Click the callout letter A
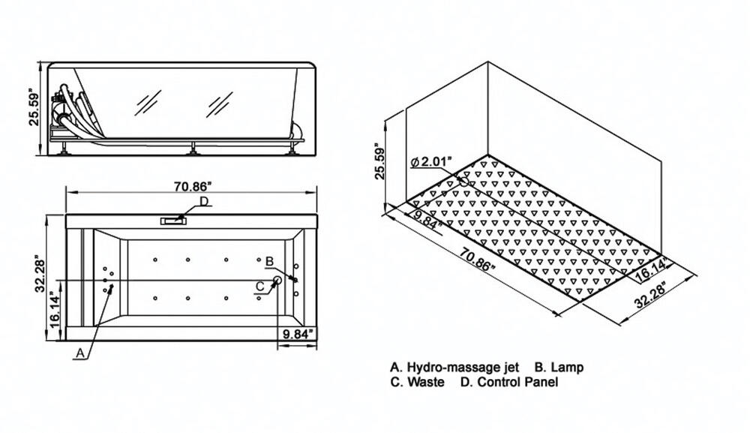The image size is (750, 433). (x=80, y=353)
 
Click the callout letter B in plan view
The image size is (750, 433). (x=269, y=261)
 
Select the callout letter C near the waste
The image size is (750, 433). (x=259, y=287)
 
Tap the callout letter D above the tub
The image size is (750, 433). (x=204, y=201)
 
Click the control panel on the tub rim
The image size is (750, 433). (x=173, y=221)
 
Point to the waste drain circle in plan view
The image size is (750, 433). (x=277, y=280)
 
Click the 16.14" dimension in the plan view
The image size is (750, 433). (x=55, y=311)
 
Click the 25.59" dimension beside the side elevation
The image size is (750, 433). (x=34, y=107)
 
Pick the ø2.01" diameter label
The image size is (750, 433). (x=430, y=162)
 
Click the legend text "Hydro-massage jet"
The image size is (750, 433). (x=463, y=368)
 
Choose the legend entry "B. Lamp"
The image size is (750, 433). (x=559, y=368)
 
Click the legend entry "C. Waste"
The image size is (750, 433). (x=417, y=382)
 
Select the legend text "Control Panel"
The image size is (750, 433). (x=517, y=382)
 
